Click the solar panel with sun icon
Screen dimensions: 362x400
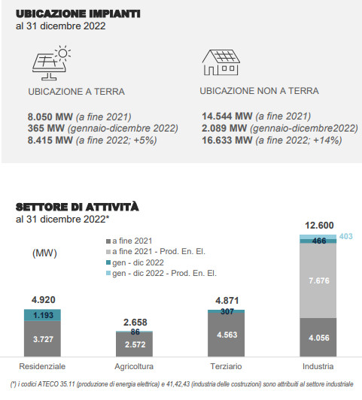click(x=51, y=62)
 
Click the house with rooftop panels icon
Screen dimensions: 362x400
click(x=221, y=62)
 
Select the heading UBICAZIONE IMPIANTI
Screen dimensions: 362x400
click(x=78, y=14)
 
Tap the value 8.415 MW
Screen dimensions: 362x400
click(x=50, y=140)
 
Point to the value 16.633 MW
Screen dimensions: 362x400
click(x=227, y=140)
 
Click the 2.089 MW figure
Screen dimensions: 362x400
click(x=224, y=128)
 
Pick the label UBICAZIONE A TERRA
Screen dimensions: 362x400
click(x=76, y=92)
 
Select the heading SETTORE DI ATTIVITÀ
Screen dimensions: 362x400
click(x=78, y=207)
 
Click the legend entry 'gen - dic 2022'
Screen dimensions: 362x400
click(x=135, y=262)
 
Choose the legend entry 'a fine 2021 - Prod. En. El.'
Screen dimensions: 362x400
click(x=156, y=252)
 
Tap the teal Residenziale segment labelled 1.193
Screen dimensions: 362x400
click(x=42, y=315)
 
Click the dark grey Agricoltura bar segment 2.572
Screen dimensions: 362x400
click(x=134, y=344)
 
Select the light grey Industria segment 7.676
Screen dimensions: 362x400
click(x=318, y=280)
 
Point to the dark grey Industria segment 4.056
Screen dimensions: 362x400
click(x=318, y=338)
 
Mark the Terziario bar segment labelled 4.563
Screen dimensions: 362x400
click(x=227, y=335)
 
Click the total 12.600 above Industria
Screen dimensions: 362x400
click(x=319, y=226)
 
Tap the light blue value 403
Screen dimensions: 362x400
click(x=346, y=236)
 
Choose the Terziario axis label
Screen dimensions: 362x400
click(x=226, y=366)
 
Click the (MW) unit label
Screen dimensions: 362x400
click(x=44, y=253)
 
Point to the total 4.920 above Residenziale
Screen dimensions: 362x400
click(x=44, y=300)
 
